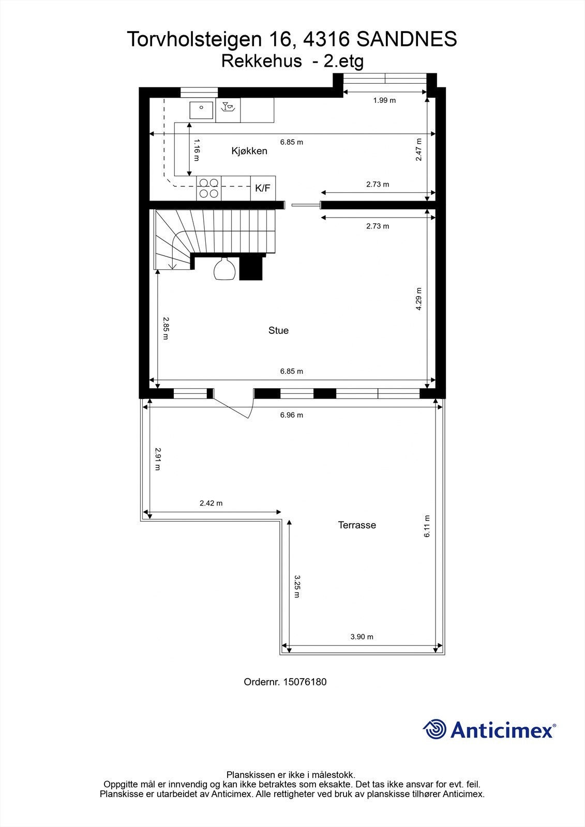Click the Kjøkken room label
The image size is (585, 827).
pos(249,151)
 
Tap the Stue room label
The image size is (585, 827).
pos(278,330)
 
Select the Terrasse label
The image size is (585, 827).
pos(357,525)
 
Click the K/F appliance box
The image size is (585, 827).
pos(263,188)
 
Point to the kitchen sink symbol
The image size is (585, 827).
pos(201,110)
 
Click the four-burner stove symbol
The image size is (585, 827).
pos(208,188)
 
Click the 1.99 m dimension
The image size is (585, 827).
pos(384,100)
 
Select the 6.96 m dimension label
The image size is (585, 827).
pos(292,415)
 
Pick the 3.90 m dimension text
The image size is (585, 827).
pos(362,637)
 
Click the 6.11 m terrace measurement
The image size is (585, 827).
pos(427,526)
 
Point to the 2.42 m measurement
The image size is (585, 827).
pos(211,503)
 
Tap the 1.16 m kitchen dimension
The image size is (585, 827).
pos(196,150)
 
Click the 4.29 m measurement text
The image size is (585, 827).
pos(419,299)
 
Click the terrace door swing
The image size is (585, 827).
pos(235,406)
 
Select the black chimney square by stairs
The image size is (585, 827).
pos(252,268)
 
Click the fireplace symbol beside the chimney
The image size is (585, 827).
pos(225,269)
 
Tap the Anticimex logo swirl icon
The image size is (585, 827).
pos(434,729)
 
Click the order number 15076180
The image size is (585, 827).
pos(285,682)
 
